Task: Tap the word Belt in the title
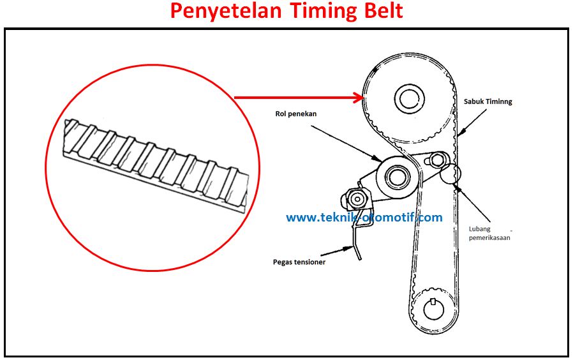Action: pyautogui.click(x=377, y=11)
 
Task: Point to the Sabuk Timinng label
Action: pyautogui.click(x=488, y=101)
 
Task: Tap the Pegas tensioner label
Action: pyautogui.click(x=299, y=262)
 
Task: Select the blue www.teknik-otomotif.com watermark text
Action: pyautogui.click(x=364, y=218)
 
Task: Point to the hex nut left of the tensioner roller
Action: pyautogui.click(x=354, y=198)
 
